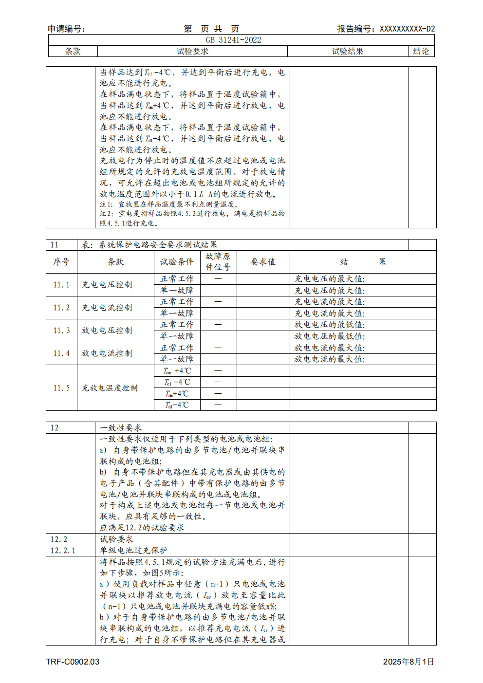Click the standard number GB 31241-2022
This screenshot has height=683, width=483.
tap(233, 40)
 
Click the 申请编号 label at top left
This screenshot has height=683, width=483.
tap(67, 29)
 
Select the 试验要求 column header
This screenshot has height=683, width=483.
tap(192, 51)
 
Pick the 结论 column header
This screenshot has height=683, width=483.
tap(421, 51)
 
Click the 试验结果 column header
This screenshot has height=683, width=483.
tap(348, 51)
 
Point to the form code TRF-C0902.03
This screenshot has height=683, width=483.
tap(73, 662)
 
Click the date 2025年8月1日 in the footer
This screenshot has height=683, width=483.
tap(408, 662)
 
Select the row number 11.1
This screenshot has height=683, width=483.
tap(61, 285)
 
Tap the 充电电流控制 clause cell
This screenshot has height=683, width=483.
tap(107, 308)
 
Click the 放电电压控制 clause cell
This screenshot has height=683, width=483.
tap(107, 331)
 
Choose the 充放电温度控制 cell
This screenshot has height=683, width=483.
tap(110, 388)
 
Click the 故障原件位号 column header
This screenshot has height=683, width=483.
tap(218, 261)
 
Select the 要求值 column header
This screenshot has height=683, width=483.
tap(263, 261)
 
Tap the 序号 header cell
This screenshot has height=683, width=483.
tap(61, 261)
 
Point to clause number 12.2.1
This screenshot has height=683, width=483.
tap(63, 551)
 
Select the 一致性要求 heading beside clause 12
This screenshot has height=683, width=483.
tap(121, 428)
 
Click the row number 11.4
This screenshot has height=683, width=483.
tap(61, 353)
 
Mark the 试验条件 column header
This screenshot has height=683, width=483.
tap(177, 261)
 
